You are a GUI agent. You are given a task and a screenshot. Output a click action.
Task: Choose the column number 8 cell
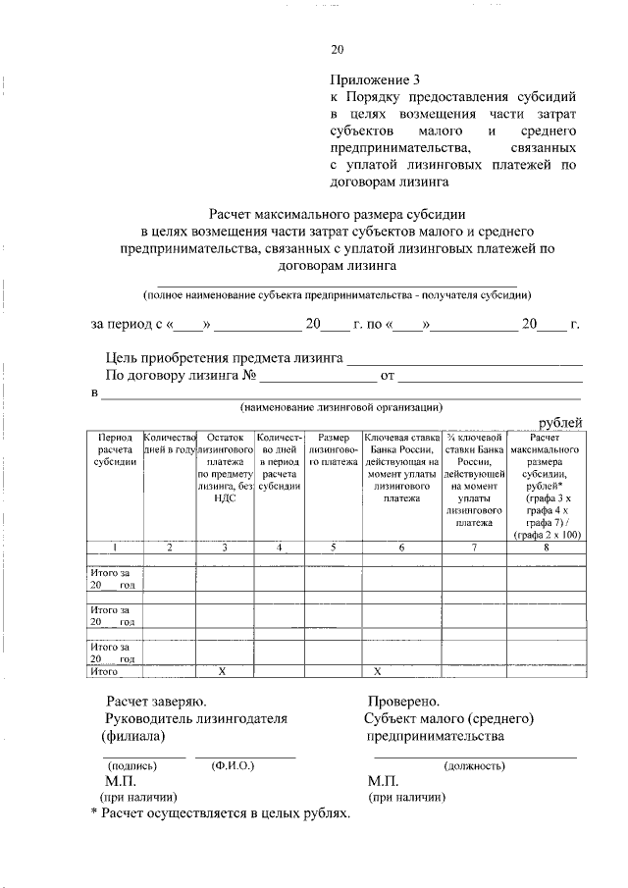[545, 547]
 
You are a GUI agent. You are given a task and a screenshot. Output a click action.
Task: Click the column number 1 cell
[116, 547]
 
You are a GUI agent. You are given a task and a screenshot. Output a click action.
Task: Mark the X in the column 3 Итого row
[225, 672]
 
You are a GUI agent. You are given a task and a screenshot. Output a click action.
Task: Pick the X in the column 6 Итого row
[378, 672]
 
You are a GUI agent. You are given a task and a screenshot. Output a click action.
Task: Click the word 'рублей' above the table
[559, 422]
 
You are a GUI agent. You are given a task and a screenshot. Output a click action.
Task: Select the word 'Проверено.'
[403, 701]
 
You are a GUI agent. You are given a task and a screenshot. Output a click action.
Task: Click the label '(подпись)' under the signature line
[131, 764]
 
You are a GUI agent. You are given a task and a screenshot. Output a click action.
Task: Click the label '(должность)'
[475, 765]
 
